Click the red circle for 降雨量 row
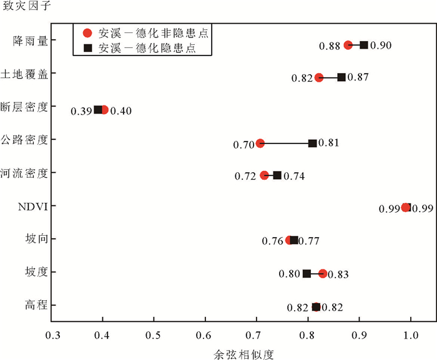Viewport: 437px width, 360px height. point(348,45)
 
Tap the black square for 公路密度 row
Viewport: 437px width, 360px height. point(313,143)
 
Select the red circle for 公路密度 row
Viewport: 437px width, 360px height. point(260,143)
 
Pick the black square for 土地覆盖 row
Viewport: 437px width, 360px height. point(341,77)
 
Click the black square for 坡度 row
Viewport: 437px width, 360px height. point(307,273)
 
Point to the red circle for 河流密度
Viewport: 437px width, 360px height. point(264,175)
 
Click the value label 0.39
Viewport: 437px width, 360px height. point(81,111)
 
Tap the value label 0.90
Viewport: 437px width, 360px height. point(381,46)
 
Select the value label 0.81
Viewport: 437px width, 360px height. point(329,143)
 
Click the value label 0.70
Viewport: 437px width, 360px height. point(243,144)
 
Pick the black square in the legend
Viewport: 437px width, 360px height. point(88,47)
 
